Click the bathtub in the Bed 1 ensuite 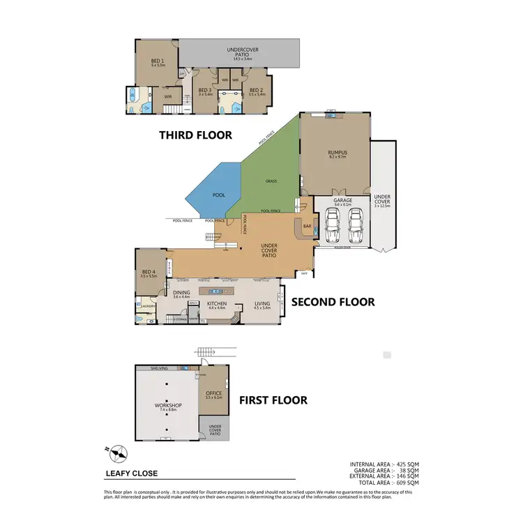tap(132, 96)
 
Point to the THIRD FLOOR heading tap(195, 135)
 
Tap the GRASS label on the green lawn tap(271, 181)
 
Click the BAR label tap(306, 226)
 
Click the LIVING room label tap(261, 305)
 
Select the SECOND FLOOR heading tap(333, 302)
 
